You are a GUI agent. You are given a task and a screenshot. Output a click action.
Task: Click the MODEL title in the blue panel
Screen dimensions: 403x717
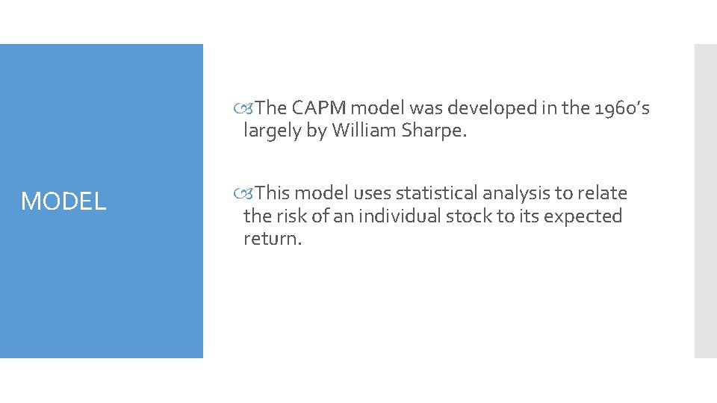(x=63, y=201)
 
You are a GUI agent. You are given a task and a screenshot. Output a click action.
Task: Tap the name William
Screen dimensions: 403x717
(x=365, y=131)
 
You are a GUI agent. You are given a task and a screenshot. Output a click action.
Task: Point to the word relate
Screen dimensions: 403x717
(x=603, y=193)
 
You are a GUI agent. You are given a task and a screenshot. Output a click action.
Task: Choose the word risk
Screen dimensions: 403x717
(x=292, y=216)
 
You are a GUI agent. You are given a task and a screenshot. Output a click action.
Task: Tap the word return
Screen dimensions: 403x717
(x=273, y=240)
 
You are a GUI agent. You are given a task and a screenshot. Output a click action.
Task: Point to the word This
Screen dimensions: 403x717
(x=273, y=193)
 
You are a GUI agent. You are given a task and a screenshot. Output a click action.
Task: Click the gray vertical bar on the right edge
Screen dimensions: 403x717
(x=705, y=201)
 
